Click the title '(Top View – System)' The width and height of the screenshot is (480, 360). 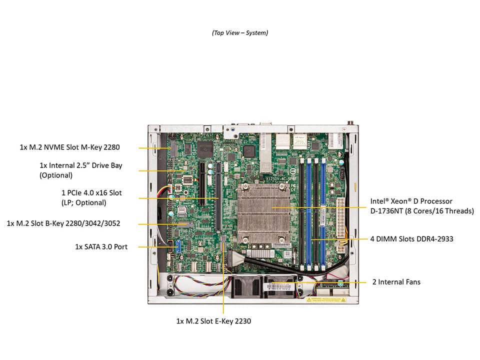[239, 32]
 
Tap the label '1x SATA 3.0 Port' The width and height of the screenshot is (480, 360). [101, 246]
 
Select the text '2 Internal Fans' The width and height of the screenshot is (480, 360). [396, 282]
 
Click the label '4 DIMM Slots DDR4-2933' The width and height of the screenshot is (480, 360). [411, 239]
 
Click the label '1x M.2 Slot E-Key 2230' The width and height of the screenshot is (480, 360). [213, 321]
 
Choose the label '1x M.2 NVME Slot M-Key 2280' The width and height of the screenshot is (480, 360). [69, 147]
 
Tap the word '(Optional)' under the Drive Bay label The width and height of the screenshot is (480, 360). [56, 175]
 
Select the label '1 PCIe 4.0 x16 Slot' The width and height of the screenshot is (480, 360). [91, 192]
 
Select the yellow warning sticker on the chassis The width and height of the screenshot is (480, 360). [325, 299]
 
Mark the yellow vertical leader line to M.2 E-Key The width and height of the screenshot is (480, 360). [223, 280]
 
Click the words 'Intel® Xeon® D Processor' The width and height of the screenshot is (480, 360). [411, 201]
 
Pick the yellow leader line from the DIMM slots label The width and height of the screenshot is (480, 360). [340, 239]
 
